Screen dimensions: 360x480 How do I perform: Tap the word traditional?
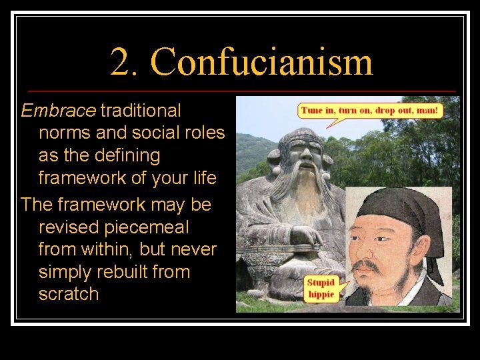tap(141, 110)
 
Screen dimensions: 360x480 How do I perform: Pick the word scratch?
tap(69, 294)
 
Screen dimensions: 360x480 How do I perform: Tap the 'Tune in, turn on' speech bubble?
tap(370, 110)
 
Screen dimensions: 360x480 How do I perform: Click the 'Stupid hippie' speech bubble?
tap(321, 289)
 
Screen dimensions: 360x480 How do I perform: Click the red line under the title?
tap(240, 91)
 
